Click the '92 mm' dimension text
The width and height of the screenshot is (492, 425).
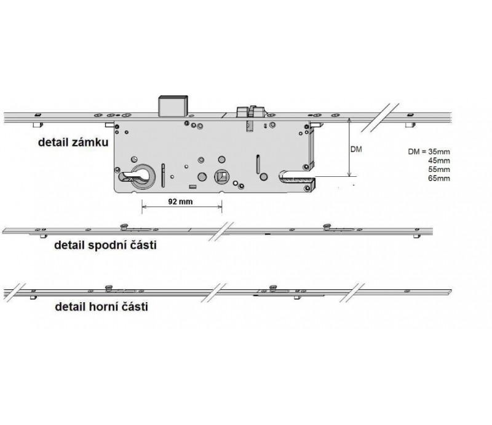click(180, 201)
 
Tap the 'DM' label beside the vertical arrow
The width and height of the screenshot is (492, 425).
click(356, 149)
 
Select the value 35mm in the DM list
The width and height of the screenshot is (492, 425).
click(439, 152)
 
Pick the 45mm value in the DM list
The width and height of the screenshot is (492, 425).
click(439, 160)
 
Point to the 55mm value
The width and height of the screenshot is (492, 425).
click(439, 170)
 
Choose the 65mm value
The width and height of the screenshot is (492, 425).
click(439, 178)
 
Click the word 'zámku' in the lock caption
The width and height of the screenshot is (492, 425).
click(90, 142)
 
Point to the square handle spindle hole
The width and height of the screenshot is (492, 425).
click(221, 177)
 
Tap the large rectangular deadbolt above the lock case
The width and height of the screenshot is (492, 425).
click(173, 106)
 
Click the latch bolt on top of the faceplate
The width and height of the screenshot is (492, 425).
click(251, 112)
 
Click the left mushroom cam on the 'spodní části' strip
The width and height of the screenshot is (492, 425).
click(125, 227)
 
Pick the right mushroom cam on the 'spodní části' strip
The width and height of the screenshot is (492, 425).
click(327, 227)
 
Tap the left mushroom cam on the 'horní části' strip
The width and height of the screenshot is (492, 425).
click(109, 288)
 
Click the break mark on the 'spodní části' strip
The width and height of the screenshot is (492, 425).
click(221, 232)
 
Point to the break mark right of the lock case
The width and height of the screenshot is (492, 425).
click(380, 117)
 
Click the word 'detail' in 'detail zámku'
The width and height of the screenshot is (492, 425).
click(53, 142)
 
